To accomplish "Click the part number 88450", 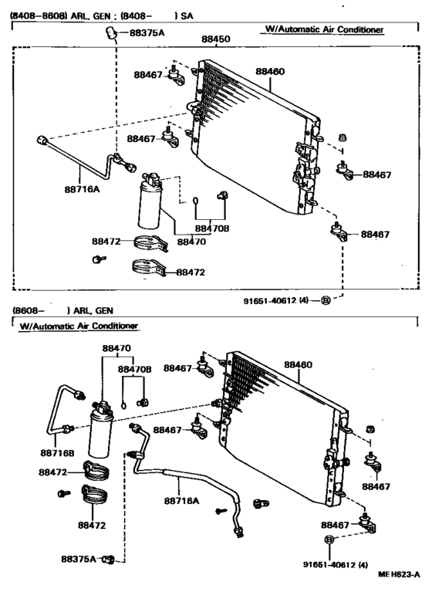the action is (x=215, y=39).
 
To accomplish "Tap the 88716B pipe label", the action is (x=57, y=453).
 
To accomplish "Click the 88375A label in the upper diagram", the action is (x=147, y=32).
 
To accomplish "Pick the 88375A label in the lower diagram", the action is (x=79, y=558).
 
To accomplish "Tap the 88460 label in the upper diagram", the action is (x=270, y=71).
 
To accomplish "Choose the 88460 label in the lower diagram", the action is (x=298, y=364).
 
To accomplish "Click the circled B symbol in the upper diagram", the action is (x=326, y=301).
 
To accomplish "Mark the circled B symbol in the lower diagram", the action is (x=329, y=540).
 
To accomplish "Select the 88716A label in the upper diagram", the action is (x=82, y=189).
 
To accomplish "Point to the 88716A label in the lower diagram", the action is (x=181, y=501).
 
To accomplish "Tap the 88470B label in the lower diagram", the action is (x=135, y=369).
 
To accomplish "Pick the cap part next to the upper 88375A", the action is (x=111, y=32).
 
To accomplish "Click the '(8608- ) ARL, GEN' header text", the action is (x=63, y=310).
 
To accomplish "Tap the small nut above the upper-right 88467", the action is (x=343, y=137).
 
